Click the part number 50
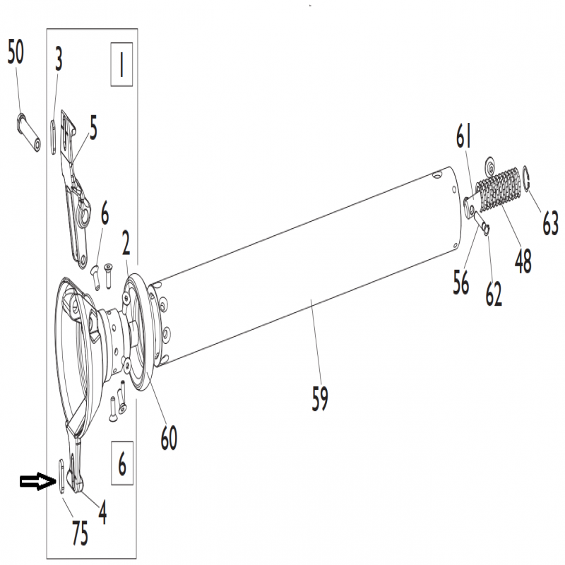(x=16, y=52)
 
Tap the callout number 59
(x=320, y=399)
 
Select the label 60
(x=169, y=438)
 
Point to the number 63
(x=551, y=223)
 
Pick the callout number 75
(x=80, y=534)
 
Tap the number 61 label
(x=464, y=136)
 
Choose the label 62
(x=494, y=294)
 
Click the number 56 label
(x=461, y=282)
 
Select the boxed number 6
(x=122, y=463)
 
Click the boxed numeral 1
(x=121, y=65)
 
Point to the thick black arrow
(x=38, y=482)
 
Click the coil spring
(x=499, y=189)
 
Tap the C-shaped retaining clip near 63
(x=525, y=178)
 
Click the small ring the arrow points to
(x=61, y=475)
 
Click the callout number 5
(x=93, y=128)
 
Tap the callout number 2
(x=126, y=243)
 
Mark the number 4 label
(x=103, y=513)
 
